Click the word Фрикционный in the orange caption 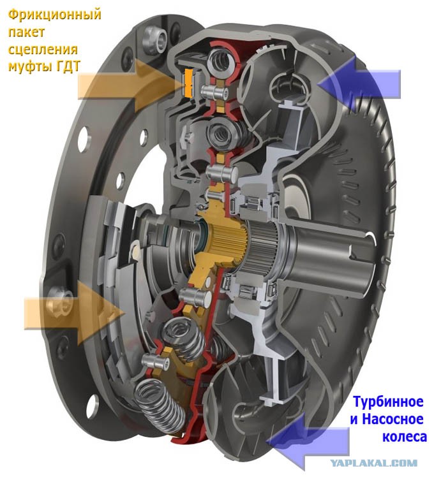pos(54,15)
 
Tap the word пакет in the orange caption pos(27,32)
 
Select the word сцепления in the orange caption pos(43,50)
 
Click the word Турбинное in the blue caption pos(389,402)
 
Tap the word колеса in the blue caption pos(405,437)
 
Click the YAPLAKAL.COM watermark pos(373,463)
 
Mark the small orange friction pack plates pos(188,82)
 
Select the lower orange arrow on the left pos(74,313)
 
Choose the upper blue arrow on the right pos(359,84)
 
